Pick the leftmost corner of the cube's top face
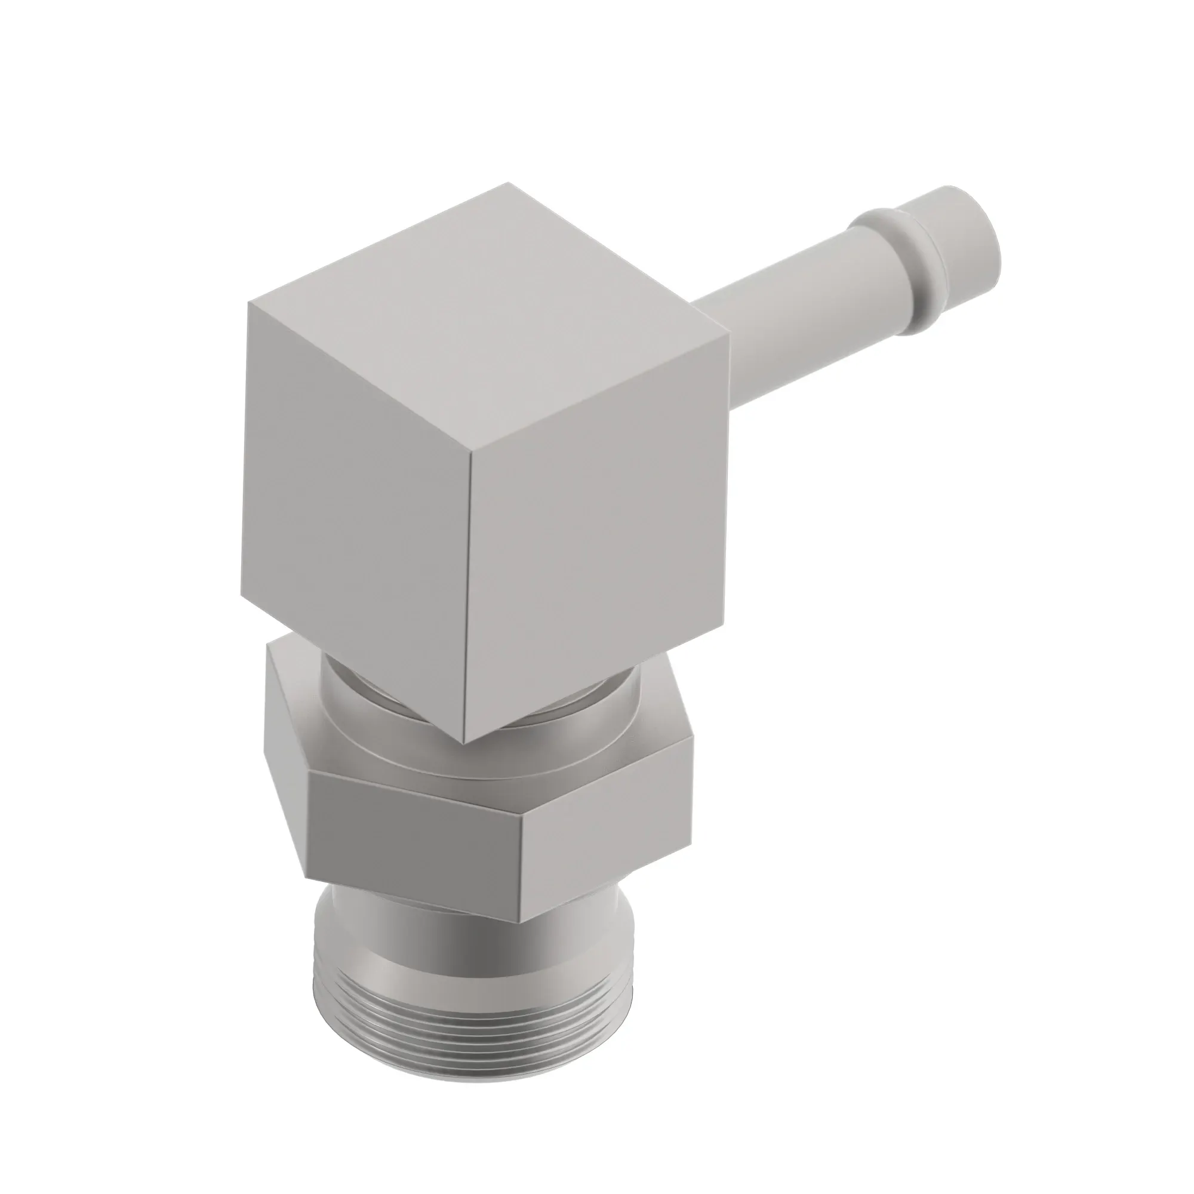click(249, 303)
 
